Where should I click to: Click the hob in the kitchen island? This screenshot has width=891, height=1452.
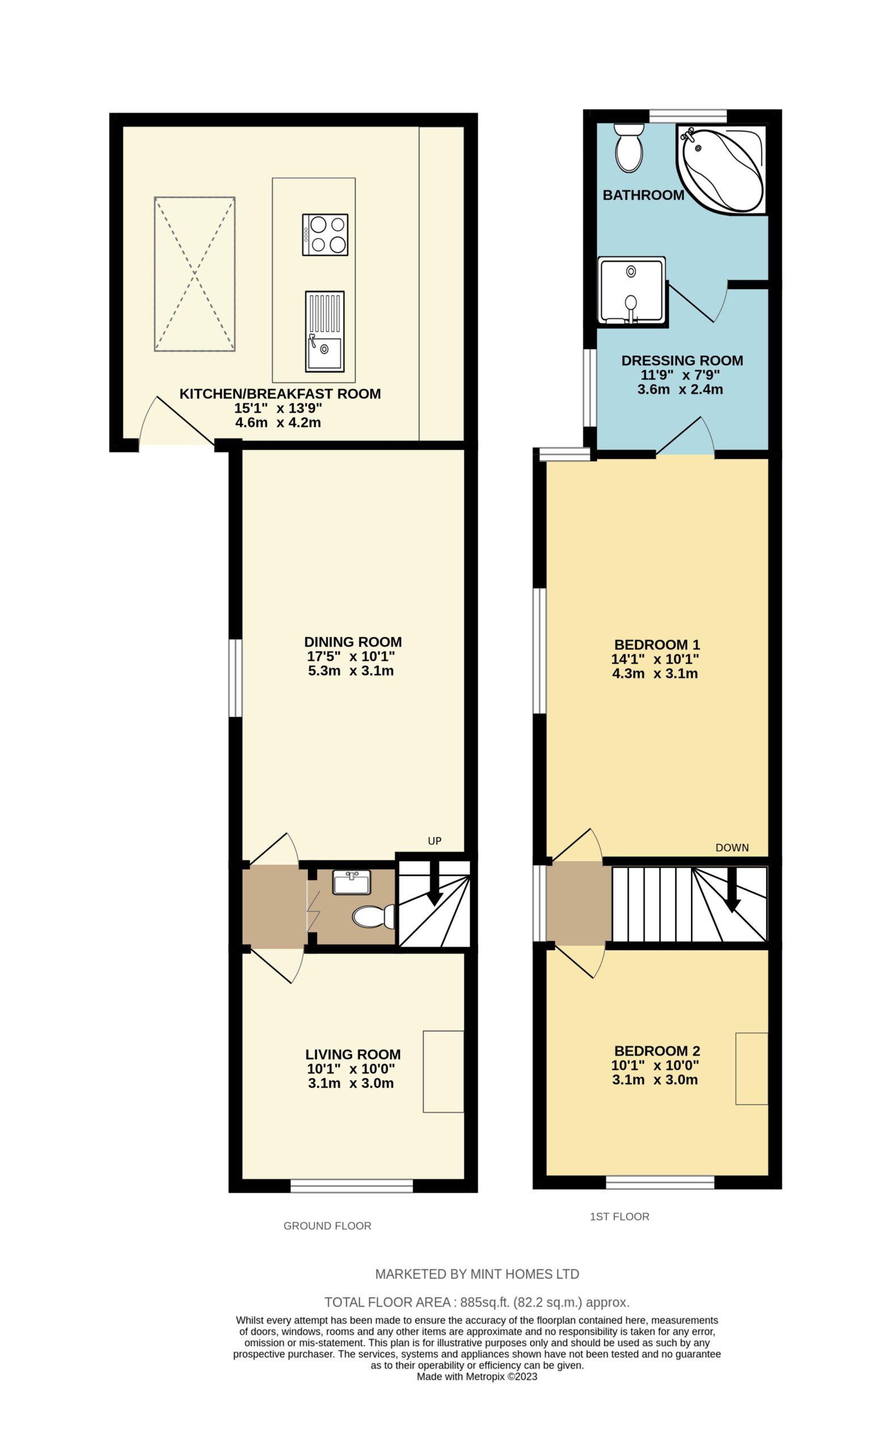click(x=325, y=235)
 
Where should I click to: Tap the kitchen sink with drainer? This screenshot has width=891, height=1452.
click(x=324, y=332)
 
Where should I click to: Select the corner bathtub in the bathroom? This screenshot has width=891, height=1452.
click(x=722, y=168)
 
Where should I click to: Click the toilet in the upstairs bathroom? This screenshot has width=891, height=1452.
click(x=628, y=149)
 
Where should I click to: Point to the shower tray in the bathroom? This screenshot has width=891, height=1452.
click(x=632, y=290)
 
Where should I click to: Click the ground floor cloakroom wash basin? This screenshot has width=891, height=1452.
click(x=351, y=882)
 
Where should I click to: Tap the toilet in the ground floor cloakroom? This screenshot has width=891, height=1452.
click(x=373, y=917)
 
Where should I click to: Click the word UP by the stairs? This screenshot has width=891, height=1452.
click(x=434, y=841)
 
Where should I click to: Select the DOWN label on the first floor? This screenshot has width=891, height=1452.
click(x=732, y=847)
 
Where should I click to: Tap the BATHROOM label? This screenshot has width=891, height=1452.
click(x=644, y=195)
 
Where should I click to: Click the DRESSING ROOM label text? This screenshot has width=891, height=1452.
click(x=682, y=360)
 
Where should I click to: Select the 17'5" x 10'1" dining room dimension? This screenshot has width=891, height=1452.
click(x=351, y=656)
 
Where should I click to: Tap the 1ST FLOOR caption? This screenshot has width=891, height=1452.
click(x=619, y=1216)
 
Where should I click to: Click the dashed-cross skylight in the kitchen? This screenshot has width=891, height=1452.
click(x=195, y=274)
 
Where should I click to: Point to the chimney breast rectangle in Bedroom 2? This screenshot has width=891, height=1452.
click(x=751, y=1069)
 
